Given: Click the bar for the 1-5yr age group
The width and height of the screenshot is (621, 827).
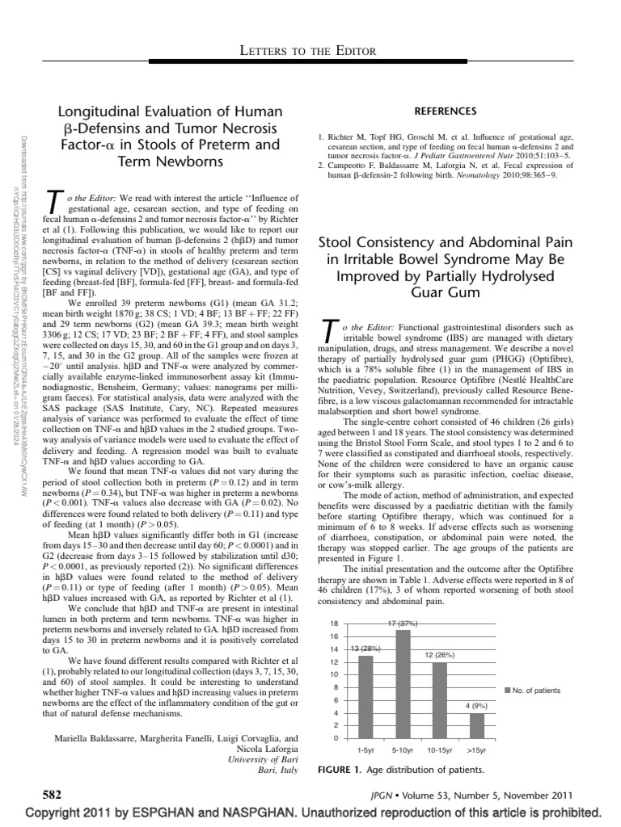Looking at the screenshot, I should (365, 696).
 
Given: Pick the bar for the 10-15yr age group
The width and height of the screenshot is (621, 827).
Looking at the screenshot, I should (440, 699).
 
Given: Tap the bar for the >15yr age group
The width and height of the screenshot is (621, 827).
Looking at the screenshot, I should (477, 725).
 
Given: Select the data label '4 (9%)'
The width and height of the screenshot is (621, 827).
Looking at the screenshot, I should (478, 707).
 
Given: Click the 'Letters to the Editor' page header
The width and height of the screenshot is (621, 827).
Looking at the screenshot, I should (310, 52).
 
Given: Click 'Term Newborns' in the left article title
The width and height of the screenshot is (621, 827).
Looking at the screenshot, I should (171, 162).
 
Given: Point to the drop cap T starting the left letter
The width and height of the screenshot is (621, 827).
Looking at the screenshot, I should (54, 204).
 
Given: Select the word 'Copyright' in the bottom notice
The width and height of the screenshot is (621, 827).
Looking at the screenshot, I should (59, 812).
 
